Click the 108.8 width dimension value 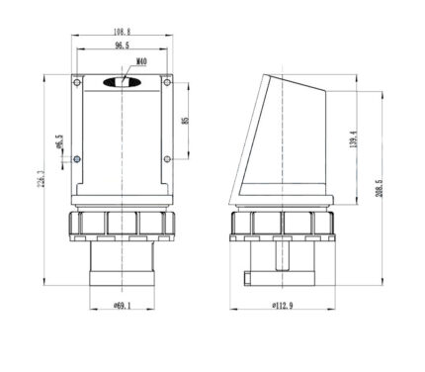coord(122,32)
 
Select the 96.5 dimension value coord(122,46)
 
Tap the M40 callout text coord(141,61)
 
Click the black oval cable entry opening coord(123,82)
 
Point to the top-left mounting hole coord(77,82)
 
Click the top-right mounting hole coord(167,82)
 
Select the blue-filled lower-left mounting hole coord(77,159)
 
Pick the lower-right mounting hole coord(167,159)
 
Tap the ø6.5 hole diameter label coord(59,141)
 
